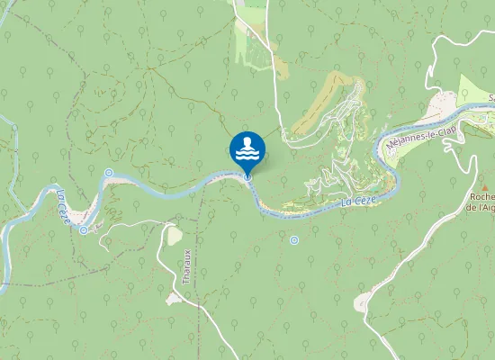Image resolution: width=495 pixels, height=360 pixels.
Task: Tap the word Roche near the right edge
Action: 481,195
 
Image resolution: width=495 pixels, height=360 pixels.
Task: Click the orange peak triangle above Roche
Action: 481,184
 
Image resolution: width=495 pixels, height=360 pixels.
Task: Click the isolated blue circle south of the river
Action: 294,240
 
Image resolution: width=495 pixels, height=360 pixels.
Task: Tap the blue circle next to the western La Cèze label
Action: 84,230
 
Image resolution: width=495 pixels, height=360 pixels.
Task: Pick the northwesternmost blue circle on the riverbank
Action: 109,173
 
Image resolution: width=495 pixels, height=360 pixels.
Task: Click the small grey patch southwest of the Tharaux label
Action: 172,299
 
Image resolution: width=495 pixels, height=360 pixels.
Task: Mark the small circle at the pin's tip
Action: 247,177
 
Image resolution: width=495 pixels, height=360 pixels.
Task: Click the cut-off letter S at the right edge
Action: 491,97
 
